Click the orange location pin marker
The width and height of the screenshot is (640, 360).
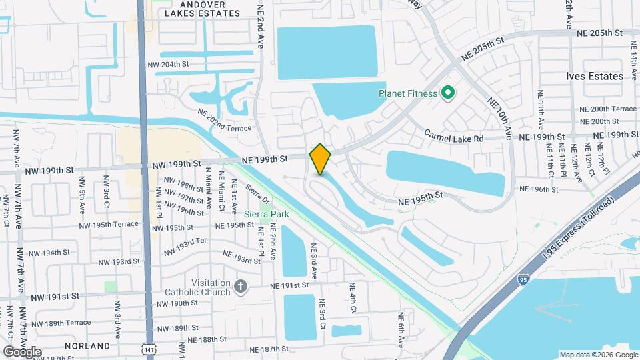tap(320, 159)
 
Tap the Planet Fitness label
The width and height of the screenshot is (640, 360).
tap(407, 93)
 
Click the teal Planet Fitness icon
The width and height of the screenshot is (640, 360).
tap(448, 93)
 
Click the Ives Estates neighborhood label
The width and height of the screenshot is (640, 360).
tap(594, 76)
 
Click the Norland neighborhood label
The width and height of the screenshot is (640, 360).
tap(87, 346)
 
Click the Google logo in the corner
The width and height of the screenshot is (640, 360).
tap(23, 351)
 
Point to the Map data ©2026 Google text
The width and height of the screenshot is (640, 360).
tap(598, 355)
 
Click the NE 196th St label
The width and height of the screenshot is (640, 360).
tap(536, 189)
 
